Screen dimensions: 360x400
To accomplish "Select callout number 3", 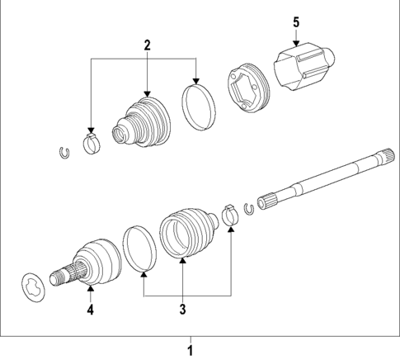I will [x=183, y=310].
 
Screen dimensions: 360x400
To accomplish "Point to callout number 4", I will [x=91, y=310].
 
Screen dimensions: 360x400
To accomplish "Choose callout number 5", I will [x=296, y=22].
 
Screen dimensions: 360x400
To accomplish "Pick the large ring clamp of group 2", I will [x=197, y=106].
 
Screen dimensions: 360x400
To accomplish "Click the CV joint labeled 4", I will [x=93, y=263].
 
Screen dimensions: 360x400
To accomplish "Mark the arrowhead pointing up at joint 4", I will [x=91, y=291].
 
